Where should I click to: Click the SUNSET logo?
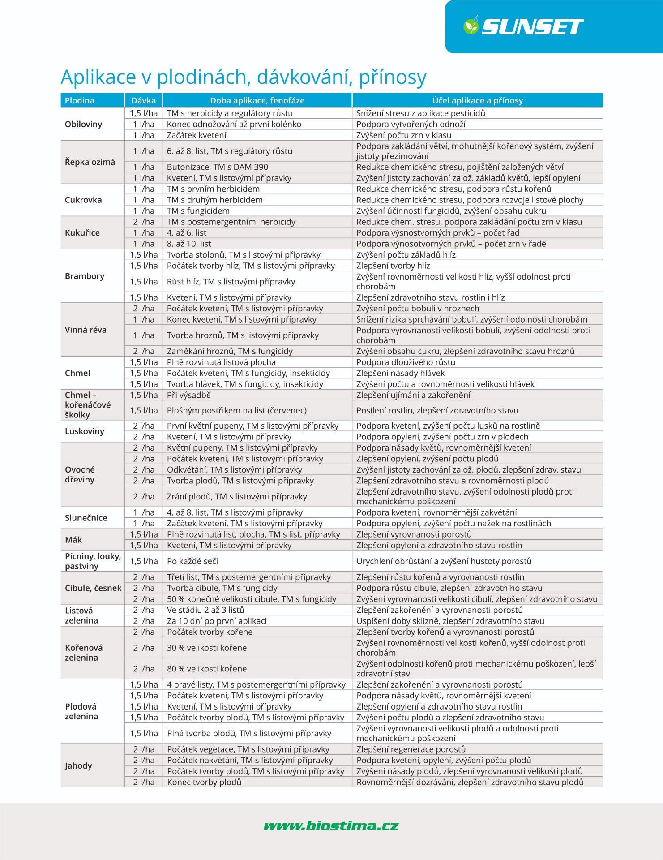point(524,26)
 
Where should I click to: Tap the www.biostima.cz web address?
point(331,826)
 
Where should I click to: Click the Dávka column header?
point(144,100)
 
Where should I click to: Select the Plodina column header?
point(80,100)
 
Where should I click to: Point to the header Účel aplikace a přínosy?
point(477,100)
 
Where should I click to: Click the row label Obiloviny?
point(84,124)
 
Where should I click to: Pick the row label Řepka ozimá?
point(90,162)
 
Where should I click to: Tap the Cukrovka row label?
point(83,200)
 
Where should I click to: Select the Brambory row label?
point(85,276)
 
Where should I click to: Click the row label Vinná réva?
point(86,330)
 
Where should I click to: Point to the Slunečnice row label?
point(86,518)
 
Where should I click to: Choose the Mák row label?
point(73,540)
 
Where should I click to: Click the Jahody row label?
point(78,765)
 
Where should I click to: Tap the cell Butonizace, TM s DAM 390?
point(218,167)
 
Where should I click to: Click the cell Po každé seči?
point(192,561)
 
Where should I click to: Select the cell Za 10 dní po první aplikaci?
point(217,621)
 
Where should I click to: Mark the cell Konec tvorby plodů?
point(204,782)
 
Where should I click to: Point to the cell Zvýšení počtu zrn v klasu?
point(404,135)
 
